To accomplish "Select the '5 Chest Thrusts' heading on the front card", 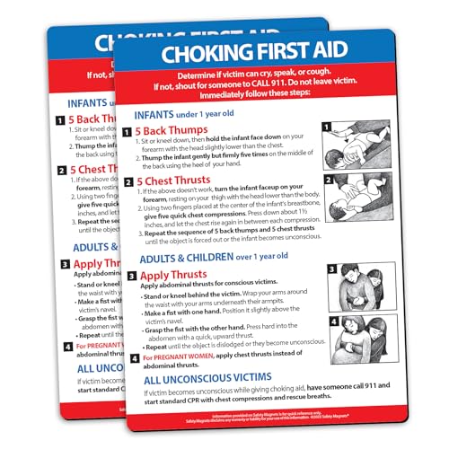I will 183,179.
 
